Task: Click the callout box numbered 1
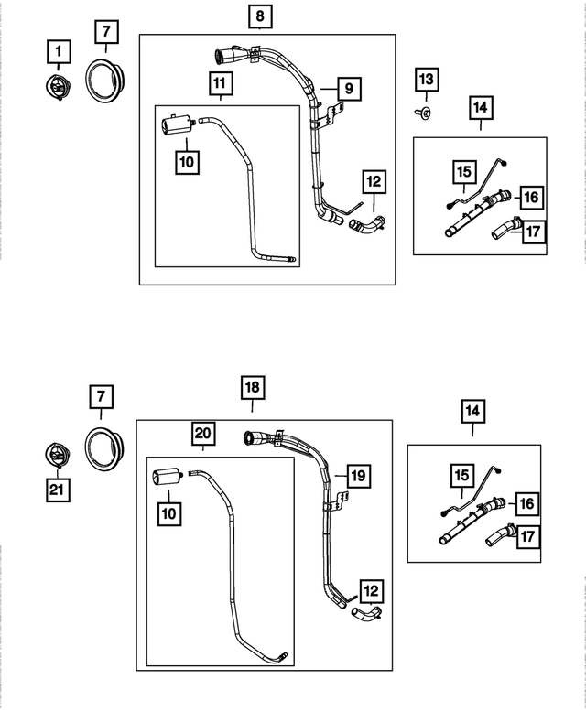coord(59,51)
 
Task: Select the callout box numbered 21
coord(58,490)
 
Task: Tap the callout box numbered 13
coord(427,80)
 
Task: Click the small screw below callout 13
coord(423,113)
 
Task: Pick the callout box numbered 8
coord(260,16)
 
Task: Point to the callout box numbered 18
coord(253,387)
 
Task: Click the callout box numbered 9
coord(349,89)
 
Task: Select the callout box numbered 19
coord(359,476)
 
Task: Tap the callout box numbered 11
coord(221,83)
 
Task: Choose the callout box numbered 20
coord(202,434)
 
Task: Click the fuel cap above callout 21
coord(58,456)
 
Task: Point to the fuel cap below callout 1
coord(59,87)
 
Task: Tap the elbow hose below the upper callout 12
coord(368,224)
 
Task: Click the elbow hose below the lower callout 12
coord(366,613)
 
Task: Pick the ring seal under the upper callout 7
coord(104,81)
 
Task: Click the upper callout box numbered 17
coord(534,232)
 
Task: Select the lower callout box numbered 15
coord(462,475)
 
